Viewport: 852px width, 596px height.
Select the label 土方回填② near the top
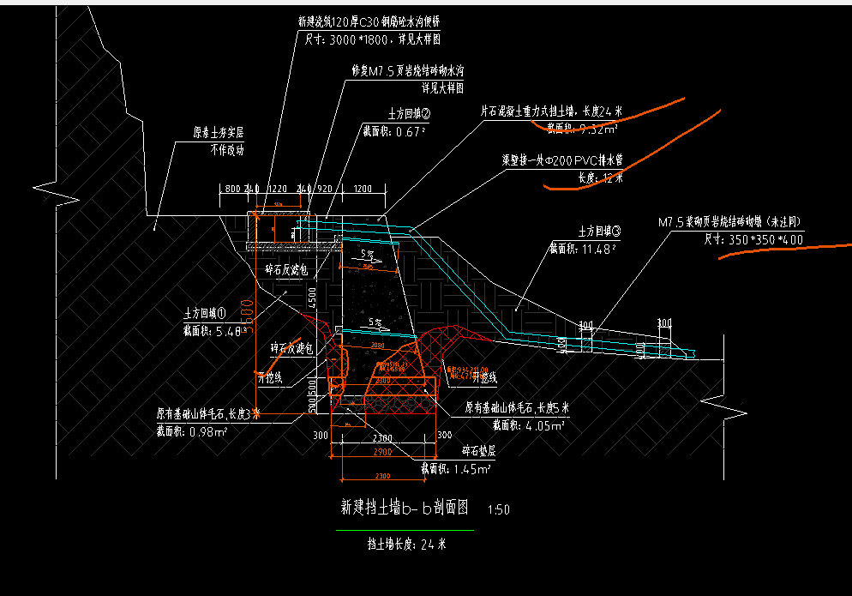click(408, 112)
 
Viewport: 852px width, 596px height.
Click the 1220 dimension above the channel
click(277, 188)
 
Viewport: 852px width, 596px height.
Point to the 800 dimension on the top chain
click(231, 188)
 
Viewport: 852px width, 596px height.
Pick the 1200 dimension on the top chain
click(362, 188)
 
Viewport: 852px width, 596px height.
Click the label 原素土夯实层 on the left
click(219, 133)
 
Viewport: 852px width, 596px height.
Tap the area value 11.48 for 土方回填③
click(597, 250)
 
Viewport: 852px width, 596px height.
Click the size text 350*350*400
click(765, 240)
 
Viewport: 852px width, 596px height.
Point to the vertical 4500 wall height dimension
click(313, 296)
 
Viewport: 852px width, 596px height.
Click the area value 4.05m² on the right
click(546, 424)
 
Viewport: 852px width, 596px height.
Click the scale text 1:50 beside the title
click(498, 509)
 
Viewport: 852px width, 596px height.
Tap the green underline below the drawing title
click(405, 530)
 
